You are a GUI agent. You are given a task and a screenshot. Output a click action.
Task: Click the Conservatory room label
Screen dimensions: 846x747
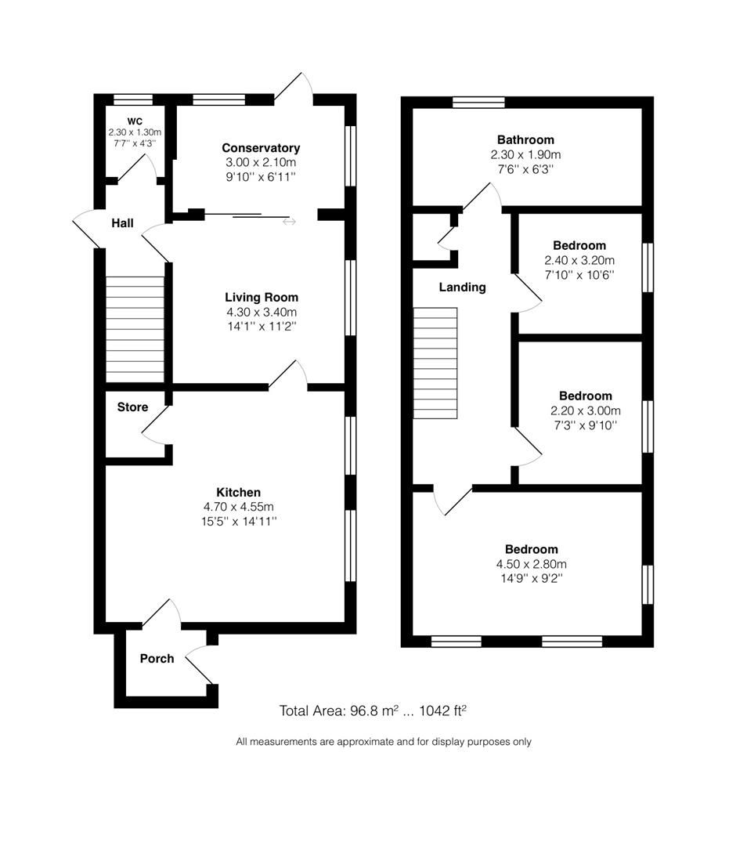click(261, 148)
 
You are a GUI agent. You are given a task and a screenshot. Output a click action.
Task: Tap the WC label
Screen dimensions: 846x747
click(135, 121)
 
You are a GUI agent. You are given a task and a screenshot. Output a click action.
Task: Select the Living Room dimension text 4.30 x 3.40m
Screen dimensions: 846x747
click(261, 312)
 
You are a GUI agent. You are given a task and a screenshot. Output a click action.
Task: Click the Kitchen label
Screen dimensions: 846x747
click(238, 492)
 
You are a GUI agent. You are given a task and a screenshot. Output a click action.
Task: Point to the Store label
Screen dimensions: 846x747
click(132, 407)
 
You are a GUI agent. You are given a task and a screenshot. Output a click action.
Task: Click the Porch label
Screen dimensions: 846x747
click(157, 658)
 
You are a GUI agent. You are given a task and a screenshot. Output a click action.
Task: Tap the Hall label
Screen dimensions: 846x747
click(122, 223)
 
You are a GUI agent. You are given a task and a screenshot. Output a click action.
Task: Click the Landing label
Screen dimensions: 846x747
click(462, 287)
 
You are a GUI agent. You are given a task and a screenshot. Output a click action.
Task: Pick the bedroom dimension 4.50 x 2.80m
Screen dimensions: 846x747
click(531, 564)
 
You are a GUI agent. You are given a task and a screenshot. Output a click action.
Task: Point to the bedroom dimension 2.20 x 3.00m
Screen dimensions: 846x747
click(585, 410)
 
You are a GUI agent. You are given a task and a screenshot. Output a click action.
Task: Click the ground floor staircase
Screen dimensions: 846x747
click(135, 329)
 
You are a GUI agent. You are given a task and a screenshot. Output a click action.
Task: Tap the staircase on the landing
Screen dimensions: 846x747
click(435, 363)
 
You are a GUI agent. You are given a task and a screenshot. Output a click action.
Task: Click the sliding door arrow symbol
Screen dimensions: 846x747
click(289, 222)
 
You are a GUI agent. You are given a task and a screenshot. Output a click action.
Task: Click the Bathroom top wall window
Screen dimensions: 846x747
click(478, 101)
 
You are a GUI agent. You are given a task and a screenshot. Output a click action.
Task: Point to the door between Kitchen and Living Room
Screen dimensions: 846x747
click(288, 376)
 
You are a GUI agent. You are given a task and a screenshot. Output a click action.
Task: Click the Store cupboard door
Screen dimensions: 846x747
click(154, 423)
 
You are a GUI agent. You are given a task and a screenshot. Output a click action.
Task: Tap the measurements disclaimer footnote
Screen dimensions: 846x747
click(384, 741)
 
